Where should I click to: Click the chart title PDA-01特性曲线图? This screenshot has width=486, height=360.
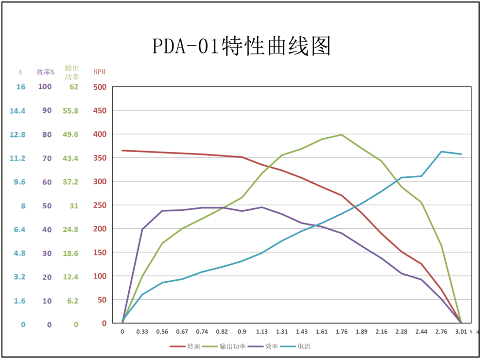click(x=242, y=47)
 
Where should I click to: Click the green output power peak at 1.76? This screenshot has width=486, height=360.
click(x=342, y=135)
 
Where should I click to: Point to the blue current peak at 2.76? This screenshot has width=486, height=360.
click(x=441, y=152)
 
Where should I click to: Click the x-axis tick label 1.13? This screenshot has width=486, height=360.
click(x=262, y=332)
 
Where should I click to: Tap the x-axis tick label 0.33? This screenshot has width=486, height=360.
click(x=142, y=332)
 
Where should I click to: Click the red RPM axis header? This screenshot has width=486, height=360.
click(x=99, y=72)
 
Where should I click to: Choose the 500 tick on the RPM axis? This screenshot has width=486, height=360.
click(x=99, y=87)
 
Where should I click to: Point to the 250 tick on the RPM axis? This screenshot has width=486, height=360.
click(x=99, y=206)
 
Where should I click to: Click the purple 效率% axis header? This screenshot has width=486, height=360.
click(x=46, y=72)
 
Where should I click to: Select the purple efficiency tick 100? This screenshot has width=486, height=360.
click(x=45, y=87)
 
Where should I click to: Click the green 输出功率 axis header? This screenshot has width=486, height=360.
click(x=72, y=72)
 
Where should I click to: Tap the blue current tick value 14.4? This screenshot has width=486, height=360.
click(x=17, y=111)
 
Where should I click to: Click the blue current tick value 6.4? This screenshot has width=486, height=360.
click(x=19, y=229)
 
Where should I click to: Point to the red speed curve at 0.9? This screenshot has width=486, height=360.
click(x=242, y=157)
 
